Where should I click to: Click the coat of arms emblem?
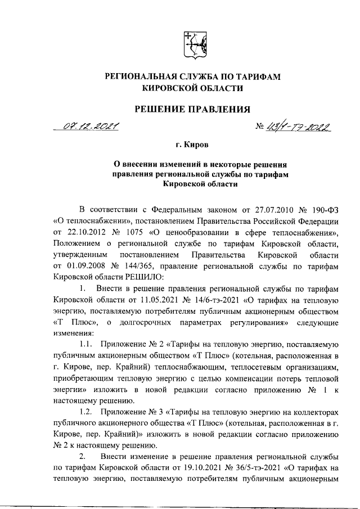(x=192, y=44)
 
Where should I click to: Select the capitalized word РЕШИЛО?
(x=142, y=277)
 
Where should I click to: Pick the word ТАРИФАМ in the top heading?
(x=256, y=76)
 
